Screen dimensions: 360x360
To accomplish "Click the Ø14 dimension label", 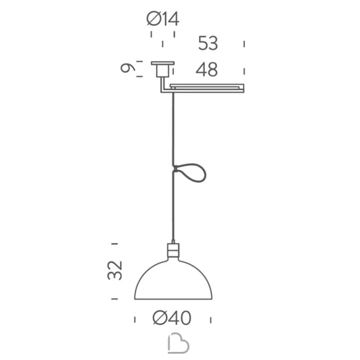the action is pyautogui.click(x=163, y=19).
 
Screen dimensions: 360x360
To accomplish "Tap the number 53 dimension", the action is pyautogui.click(x=208, y=43).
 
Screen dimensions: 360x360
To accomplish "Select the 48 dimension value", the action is pyautogui.click(x=207, y=70).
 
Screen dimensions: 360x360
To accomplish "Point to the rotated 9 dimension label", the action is pyautogui.click(x=128, y=68).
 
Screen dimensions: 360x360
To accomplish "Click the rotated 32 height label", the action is pyautogui.click(x=115, y=271).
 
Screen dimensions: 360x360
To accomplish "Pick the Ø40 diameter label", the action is pyautogui.click(x=172, y=318).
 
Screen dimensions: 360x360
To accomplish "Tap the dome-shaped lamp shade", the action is pyautogui.click(x=173, y=279).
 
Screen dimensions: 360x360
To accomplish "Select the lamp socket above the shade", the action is pyautogui.click(x=173, y=250).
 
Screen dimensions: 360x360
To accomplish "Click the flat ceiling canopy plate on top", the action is pyautogui.click(x=163, y=63).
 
